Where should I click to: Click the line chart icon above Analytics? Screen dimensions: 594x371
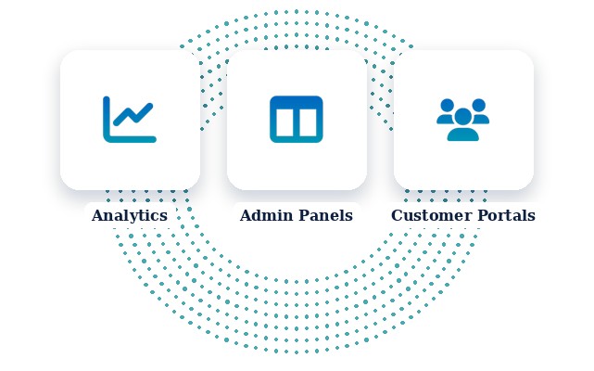(x=130, y=120)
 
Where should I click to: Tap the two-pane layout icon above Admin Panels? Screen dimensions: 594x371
(x=297, y=120)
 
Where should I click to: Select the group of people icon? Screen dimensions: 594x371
(x=463, y=120)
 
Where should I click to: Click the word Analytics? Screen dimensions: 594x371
(x=130, y=215)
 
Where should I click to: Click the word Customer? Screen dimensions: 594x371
(x=429, y=215)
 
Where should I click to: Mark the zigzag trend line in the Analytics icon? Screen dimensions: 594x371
(x=133, y=114)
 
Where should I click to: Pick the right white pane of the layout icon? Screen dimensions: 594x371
(x=308, y=122)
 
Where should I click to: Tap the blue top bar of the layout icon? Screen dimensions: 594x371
(x=297, y=102)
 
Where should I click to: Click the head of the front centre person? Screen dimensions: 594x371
(x=463, y=117)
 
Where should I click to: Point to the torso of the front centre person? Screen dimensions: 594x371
(x=463, y=134)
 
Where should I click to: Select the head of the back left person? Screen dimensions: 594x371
(x=448, y=105)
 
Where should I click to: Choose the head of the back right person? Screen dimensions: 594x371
(x=478, y=105)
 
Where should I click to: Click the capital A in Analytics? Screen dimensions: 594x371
(x=98, y=215)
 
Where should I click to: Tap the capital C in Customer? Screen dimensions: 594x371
(x=397, y=215)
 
